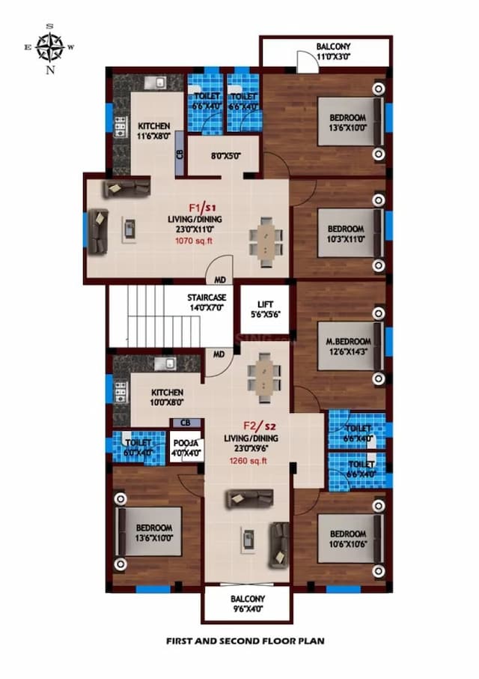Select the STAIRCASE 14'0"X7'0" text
pos(206,302)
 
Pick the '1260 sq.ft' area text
pos(248,461)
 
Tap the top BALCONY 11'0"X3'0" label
pos(332,51)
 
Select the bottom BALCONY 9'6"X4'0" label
pos(246,604)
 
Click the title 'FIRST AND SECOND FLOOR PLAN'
pos(239,642)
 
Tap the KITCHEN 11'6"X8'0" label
pos(153,131)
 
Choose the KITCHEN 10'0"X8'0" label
pos(168,397)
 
